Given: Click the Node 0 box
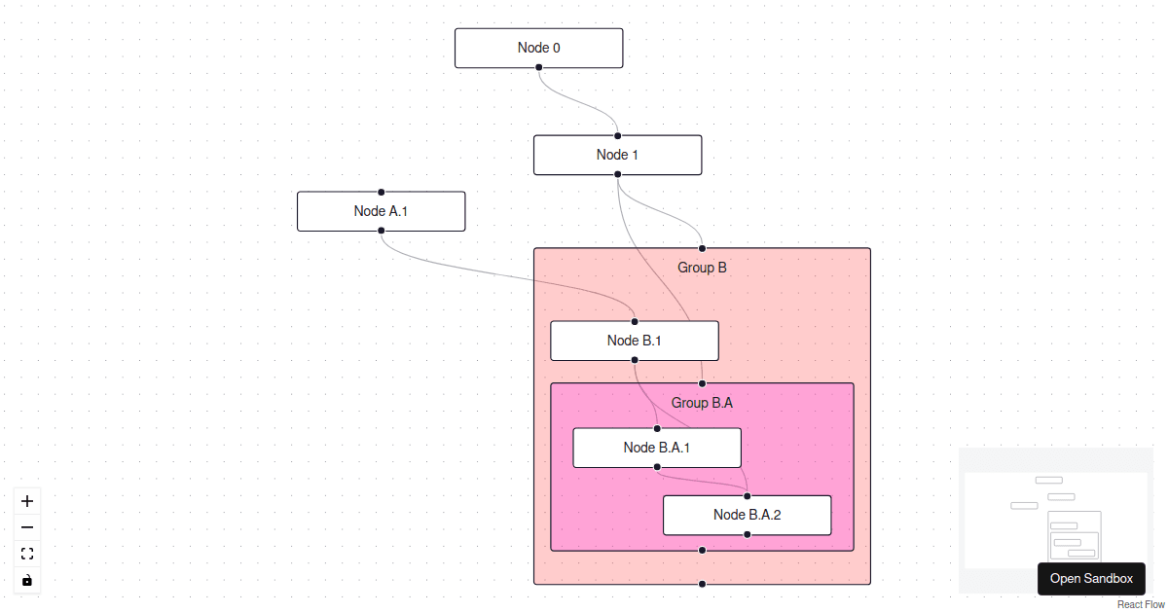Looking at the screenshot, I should tap(538, 48).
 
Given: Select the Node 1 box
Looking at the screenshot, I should tap(617, 155).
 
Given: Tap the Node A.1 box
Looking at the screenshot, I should tap(381, 211).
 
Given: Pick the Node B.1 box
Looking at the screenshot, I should tap(634, 341).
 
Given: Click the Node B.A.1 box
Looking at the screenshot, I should tap(656, 448).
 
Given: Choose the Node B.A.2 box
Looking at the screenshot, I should tap(747, 515).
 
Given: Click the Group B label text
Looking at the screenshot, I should tap(702, 268).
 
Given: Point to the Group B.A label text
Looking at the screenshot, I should tap(702, 403).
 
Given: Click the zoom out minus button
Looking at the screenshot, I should tap(27, 527).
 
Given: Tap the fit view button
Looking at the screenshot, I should tap(27, 554).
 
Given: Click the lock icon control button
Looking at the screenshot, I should tap(27, 580).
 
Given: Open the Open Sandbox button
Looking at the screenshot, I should tap(1091, 578).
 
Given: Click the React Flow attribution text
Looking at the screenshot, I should tap(1141, 604).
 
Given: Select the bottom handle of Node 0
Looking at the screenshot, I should tap(538, 67).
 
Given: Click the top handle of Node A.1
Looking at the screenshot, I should tap(381, 192).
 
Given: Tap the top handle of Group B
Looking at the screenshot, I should tap(702, 248).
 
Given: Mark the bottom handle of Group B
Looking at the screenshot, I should tap(702, 584).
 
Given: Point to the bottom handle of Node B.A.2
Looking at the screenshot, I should tap(747, 535).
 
